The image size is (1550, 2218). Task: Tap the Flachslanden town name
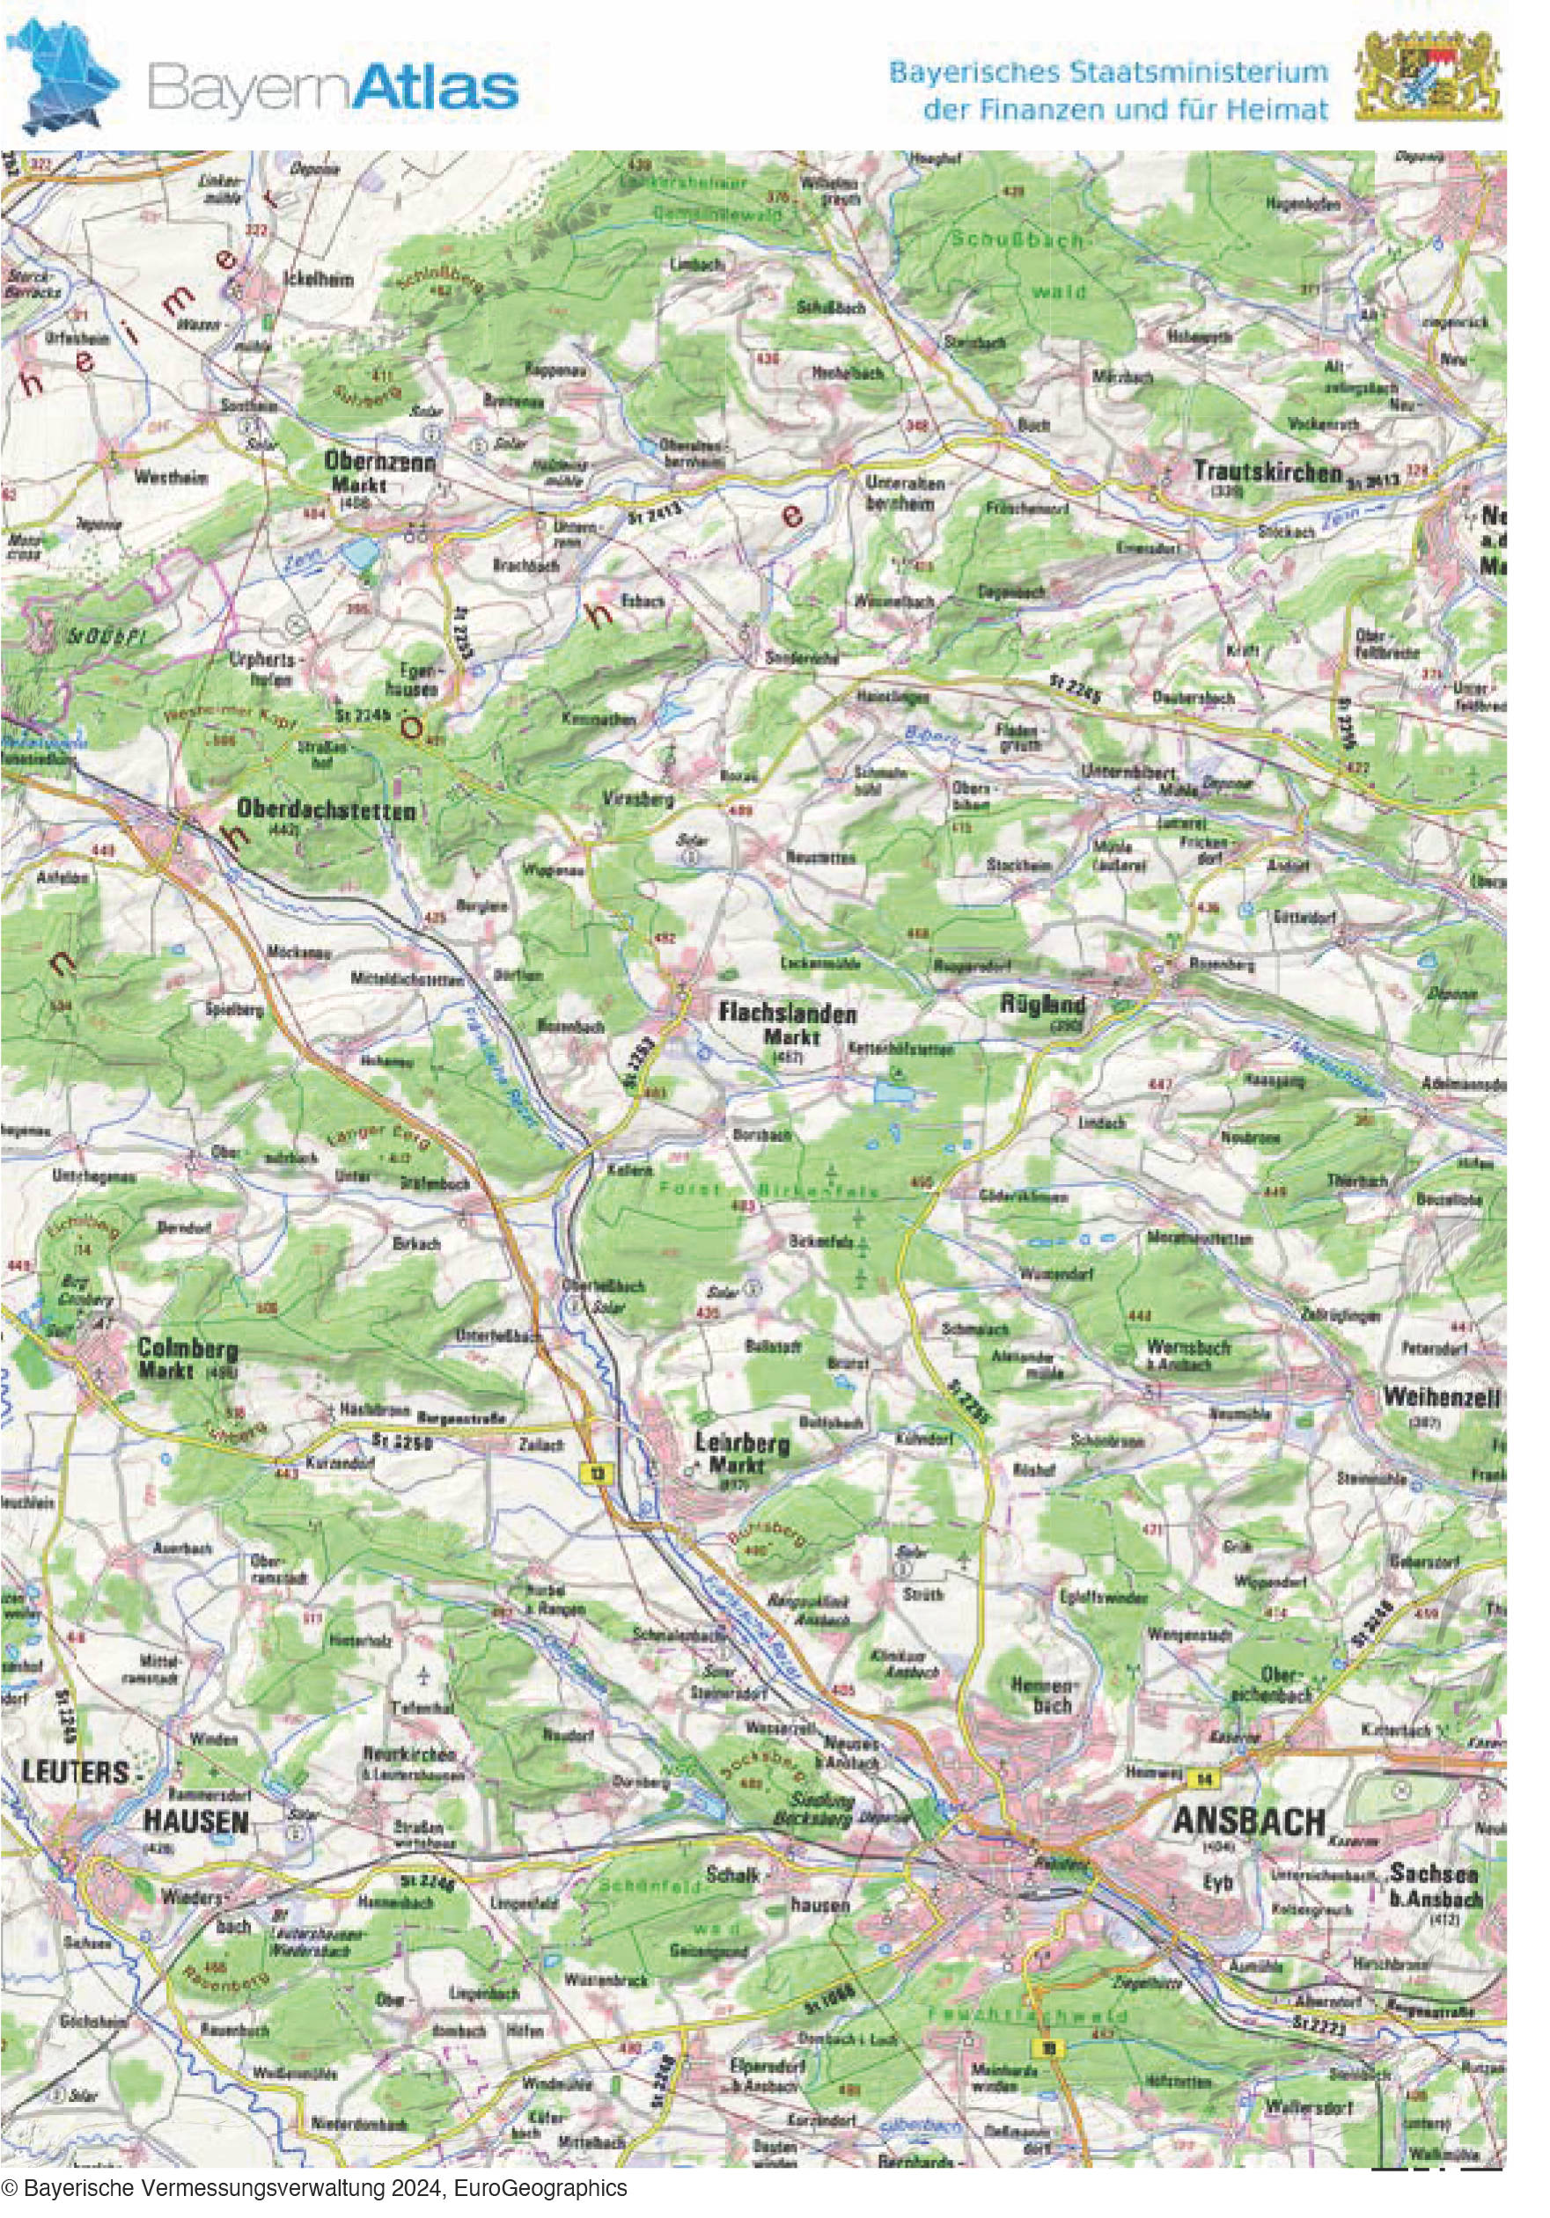pyautogui.click(x=787, y=1014)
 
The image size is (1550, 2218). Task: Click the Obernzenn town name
pyautogui.click(x=379, y=463)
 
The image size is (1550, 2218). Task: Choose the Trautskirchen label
pyautogui.click(x=1267, y=472)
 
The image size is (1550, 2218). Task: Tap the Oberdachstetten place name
pyautogui.click(x=326, y=809)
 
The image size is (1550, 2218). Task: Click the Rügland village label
pyautogui.click(x=1042, y=1005)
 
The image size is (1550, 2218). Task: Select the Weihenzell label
pyautogui.click(x=1440, y=1397)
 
